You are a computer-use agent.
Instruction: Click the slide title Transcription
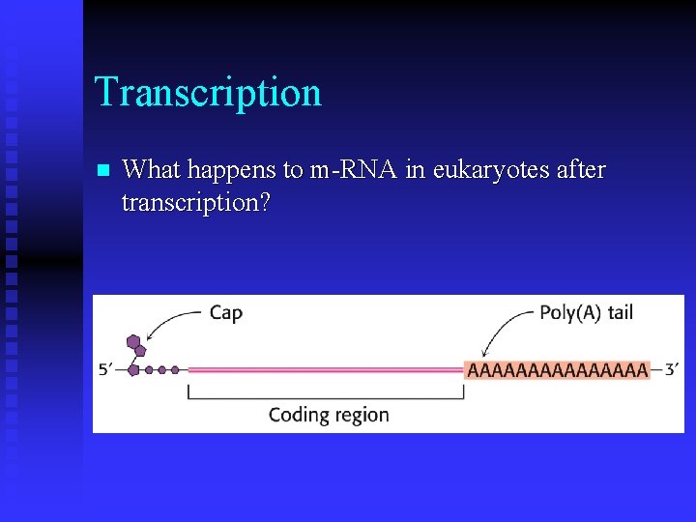(208, 92)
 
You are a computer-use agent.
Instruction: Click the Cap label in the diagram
(225, 312)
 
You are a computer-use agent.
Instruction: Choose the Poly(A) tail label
(586, 312)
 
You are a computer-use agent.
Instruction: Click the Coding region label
(329, 415)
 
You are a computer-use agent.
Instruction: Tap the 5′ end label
(108, 369)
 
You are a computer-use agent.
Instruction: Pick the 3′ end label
(668, 369)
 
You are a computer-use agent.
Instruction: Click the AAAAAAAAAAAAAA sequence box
(557, 369)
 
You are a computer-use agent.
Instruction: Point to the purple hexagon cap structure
(135, 346)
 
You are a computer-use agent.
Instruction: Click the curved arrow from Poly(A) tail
(503, 329)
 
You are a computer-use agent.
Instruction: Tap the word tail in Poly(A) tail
(620, 312)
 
